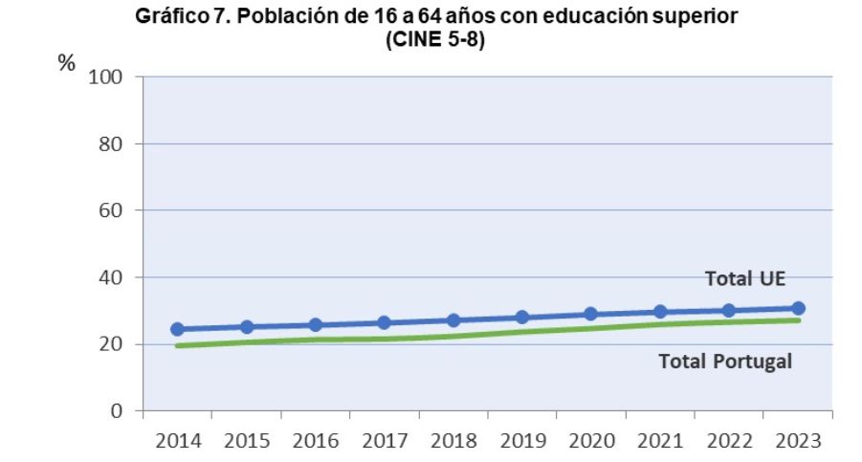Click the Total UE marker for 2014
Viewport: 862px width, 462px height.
click(177, 329)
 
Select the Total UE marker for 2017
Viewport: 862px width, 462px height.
click(385, 323)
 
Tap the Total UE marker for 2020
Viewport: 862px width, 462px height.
click(591, 314)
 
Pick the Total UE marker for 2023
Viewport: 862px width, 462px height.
click(798, 308)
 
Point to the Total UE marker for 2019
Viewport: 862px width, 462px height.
click(522, 318)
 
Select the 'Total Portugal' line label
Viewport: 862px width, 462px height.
click(726, 362)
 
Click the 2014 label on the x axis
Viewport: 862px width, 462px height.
click(177, 442)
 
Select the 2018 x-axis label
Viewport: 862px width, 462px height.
click(453, 442)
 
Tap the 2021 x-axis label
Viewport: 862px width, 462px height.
click(660, 442)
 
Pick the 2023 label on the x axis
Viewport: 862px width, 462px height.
click(798, 442)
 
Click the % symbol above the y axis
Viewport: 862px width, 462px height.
click(66, 63)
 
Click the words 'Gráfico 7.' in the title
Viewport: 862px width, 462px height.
click(178, 18)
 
